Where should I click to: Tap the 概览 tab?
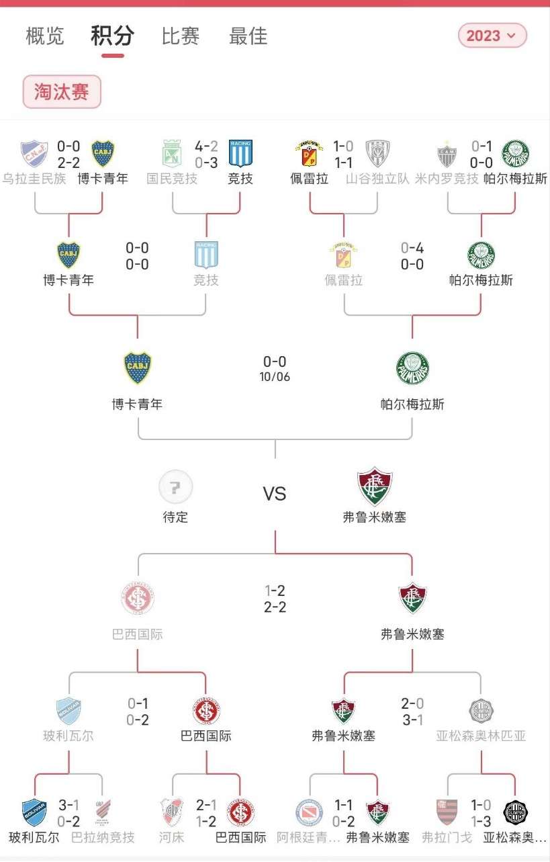(45, 36)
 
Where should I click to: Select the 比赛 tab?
(181, 36)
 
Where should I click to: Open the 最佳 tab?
(248, 36)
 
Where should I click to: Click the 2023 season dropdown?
(492, 36)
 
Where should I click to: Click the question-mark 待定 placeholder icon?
(175, 487)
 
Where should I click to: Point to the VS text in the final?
(275, 494)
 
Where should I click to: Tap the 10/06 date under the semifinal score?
(275, 377)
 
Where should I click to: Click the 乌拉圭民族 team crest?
(34, 154)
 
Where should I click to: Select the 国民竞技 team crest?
(172, 154)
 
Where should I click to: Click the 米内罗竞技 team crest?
(447, 154)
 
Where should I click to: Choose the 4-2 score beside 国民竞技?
(206, 146)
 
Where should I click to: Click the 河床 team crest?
(172, 812)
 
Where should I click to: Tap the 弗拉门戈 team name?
(447, 838)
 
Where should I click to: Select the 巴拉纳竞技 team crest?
(103, 812)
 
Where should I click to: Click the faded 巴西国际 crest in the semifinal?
(138, 599)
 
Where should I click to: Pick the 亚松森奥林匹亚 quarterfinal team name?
(481, 736)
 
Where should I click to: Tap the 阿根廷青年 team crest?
(309, 812)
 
